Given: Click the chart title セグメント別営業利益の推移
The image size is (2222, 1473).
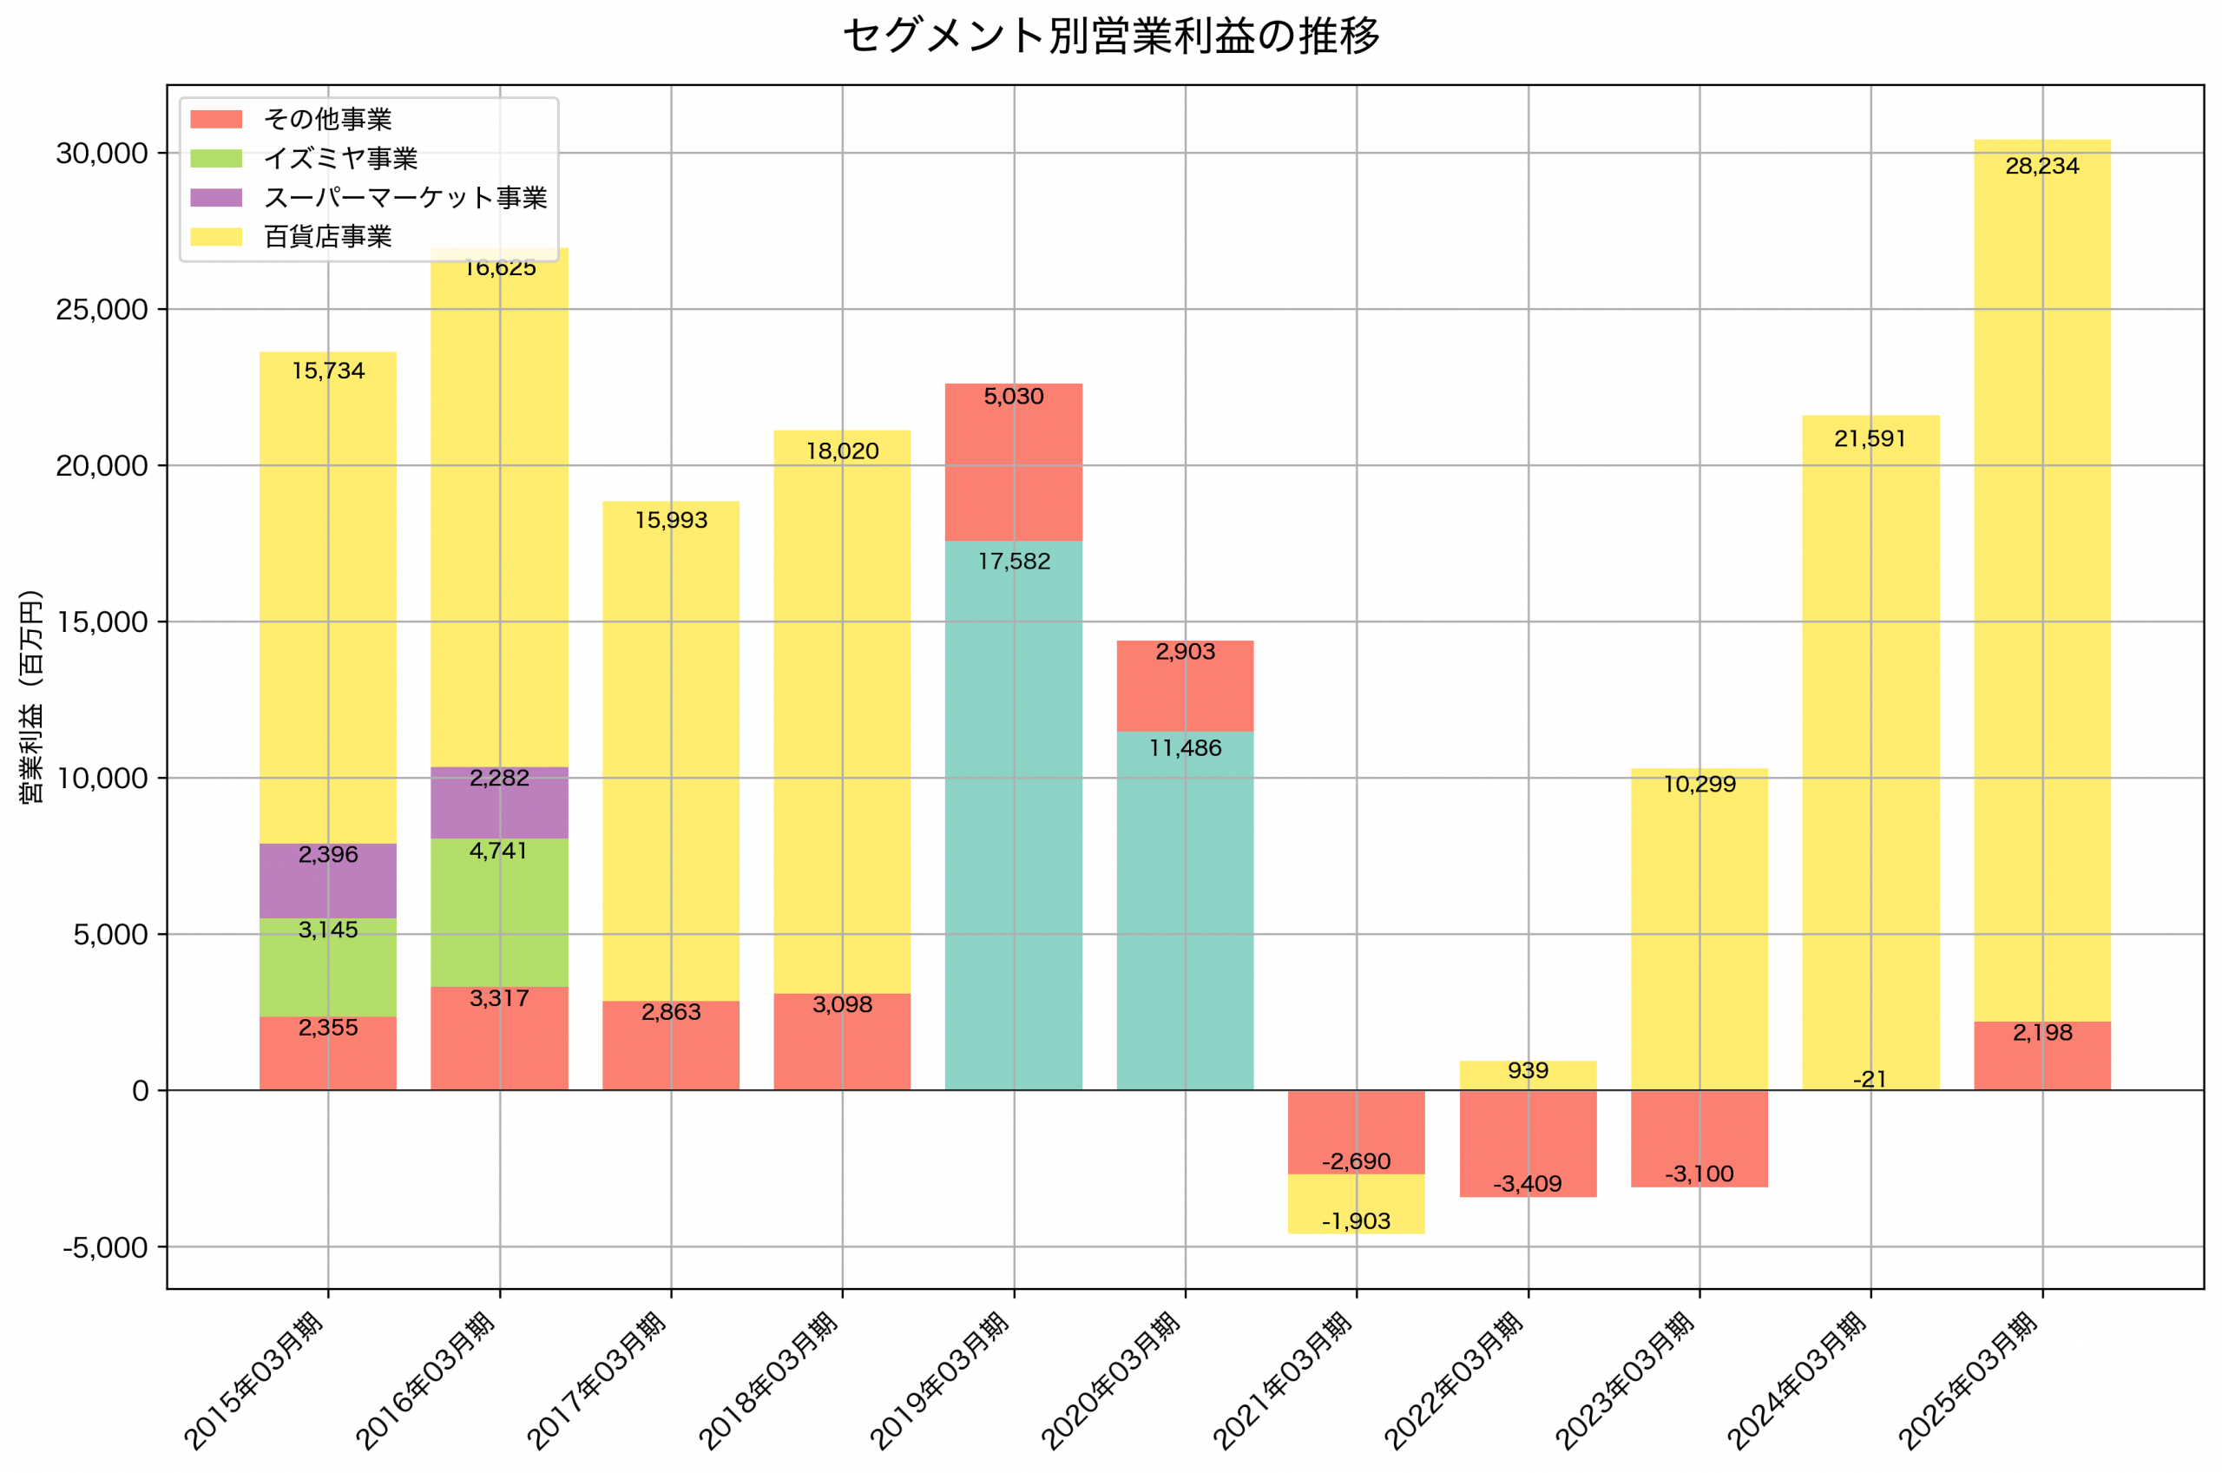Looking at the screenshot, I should click(1111, 36).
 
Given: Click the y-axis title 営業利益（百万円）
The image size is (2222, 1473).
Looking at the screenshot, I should click(31, 696).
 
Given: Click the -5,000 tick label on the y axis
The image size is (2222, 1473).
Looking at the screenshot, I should click(105, 1247).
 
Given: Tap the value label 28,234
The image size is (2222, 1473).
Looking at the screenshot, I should click(2041, 167).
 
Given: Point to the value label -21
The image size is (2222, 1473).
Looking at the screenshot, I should click(1870, 1080).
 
